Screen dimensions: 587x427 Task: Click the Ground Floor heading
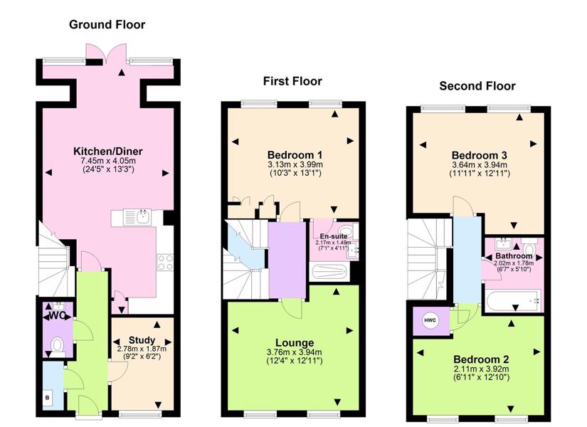point(107,25)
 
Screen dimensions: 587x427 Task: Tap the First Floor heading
point(292,81)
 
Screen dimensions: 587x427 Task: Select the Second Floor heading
point(477,86)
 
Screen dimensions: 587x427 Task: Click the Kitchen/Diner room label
point(108,152)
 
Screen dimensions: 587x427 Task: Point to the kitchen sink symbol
point(137,217)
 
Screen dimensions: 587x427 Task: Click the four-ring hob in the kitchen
point(165,262)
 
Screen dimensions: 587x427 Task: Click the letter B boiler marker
point(48,397)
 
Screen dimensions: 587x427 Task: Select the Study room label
point(142,340)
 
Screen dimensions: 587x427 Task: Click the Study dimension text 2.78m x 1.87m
point(142,349)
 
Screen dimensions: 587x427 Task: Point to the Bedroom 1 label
point(295,154)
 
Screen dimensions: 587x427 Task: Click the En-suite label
point(333,236)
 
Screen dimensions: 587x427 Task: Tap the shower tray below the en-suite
point(329,272)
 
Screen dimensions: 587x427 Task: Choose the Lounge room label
point(295,343)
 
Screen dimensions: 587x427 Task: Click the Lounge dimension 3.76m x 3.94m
point(295,352)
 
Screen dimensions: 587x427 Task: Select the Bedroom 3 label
point(480,155)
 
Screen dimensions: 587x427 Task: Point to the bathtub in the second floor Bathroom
point(513,300)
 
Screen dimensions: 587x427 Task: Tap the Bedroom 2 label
point(481,359)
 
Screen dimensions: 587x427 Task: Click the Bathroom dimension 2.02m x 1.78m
point(514,263)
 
